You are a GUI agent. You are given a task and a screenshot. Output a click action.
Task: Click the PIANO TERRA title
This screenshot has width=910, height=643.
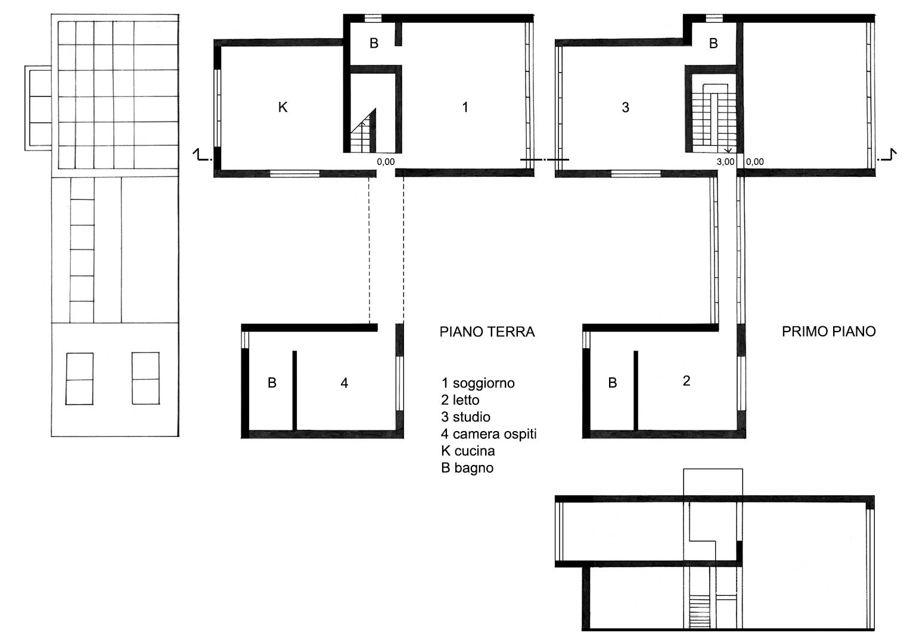click(x=487, y=332)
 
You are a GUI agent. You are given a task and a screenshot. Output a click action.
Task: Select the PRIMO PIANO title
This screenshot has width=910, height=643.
click(x=829, y=332)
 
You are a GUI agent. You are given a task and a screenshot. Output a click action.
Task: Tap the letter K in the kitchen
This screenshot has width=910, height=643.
click(x=282, y=107)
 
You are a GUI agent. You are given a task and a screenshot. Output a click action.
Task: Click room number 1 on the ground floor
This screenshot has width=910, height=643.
click(x=465, y=107)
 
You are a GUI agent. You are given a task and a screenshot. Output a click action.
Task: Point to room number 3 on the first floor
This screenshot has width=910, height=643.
click(x=626, y=107)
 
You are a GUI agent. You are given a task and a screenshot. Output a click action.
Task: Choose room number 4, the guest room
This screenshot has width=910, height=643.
click(x=344, y=383)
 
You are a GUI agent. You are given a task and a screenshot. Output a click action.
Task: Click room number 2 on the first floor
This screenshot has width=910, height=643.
click(x=687, y=381)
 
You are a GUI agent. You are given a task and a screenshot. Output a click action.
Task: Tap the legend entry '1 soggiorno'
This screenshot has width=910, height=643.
click(x=478, y=383)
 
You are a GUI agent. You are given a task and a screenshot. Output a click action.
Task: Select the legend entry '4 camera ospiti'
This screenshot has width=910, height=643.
click(x=489, y=434)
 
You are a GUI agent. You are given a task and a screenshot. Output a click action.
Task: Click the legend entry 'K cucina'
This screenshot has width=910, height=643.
click(x=468, y=451)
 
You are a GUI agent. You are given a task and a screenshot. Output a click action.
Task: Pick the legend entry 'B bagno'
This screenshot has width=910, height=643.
click(x=467, y=468)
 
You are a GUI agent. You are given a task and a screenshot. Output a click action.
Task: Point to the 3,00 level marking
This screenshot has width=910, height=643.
click(x=726, y=161)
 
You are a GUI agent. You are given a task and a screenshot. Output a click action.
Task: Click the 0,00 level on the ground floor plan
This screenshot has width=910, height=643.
click(x=386, y=161)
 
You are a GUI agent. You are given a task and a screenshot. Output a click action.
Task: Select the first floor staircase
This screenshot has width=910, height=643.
click(x=714, y=118)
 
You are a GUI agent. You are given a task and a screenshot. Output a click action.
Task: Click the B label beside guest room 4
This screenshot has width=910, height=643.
click(x=272, y=383)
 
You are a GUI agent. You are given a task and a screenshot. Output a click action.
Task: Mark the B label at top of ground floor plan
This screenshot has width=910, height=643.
click(x=374, y=43)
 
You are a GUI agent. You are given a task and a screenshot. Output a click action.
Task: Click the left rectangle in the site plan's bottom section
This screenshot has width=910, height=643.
click(x=80, y=379)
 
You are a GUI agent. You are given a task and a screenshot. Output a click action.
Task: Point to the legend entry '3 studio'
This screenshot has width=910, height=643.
click(x=465, y=417)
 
